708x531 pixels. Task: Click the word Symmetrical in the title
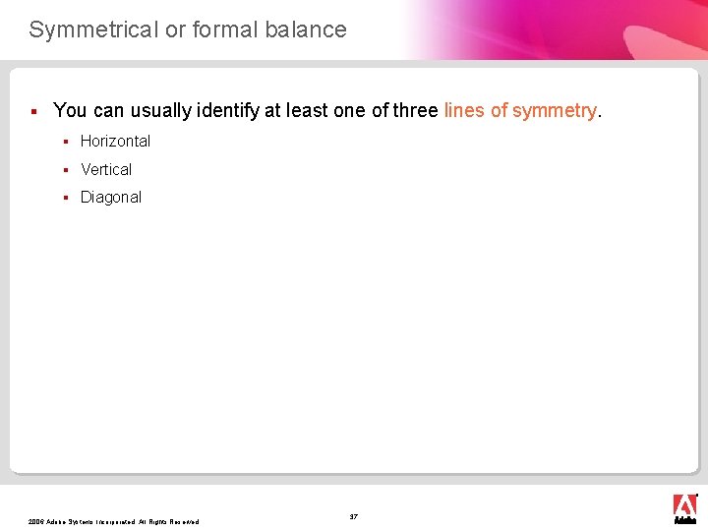coord(93,29)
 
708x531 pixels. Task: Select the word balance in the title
coord(306,29)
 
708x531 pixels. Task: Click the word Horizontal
coord(115,141)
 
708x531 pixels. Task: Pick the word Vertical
coord(106,169)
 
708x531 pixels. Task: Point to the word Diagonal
coord(111,197)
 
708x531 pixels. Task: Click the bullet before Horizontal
coord(65,142)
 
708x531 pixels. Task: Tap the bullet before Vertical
coord(65,170)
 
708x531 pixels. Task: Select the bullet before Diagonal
coord(65,198)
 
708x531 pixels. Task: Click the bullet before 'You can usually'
coord(33,110)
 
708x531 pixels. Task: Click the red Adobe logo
coord(684,506)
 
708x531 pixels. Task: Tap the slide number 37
coord(354,516)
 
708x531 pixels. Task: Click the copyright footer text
coord(114,521)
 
